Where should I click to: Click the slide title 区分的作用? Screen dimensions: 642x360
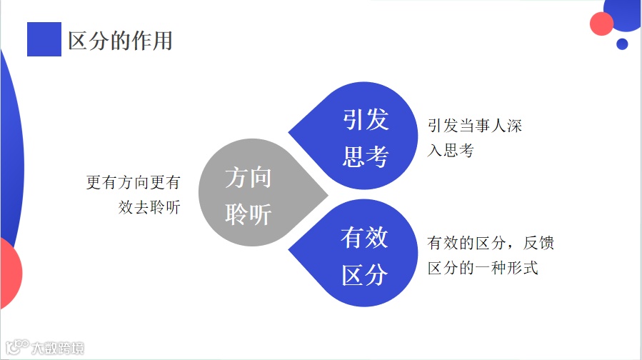[120, 40]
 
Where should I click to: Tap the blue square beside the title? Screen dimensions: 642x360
[44, 39]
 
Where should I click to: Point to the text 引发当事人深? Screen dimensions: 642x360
[474, 126]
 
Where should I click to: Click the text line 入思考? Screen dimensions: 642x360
[451, 151]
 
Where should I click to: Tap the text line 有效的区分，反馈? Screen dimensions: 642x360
[491, 244]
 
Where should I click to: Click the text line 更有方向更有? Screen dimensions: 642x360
[133, 183]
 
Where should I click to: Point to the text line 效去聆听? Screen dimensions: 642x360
[149, 208]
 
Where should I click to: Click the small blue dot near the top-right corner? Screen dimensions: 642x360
[622, 44]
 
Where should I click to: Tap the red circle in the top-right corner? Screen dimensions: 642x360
[602, 24]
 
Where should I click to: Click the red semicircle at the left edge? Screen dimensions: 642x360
[10, 271]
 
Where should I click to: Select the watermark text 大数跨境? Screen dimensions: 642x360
[58, 349]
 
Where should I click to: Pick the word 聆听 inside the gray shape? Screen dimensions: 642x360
[248, 214]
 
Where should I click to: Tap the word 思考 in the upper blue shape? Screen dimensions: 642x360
[365, 157]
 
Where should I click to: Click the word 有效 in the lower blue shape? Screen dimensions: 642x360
[364, 238]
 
